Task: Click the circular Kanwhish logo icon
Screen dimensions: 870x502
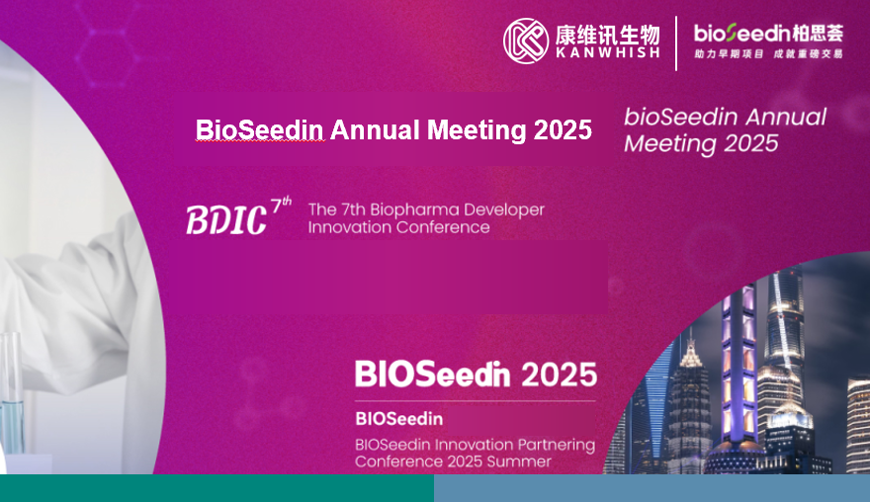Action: [526, 41]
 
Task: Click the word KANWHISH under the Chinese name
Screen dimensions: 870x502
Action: [608, 52]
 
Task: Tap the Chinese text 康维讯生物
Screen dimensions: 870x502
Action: [608, 35]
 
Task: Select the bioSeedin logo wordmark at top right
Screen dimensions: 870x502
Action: [768, 34]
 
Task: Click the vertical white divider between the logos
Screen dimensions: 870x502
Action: [676, 43]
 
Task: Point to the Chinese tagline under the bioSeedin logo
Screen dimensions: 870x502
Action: [768, 53]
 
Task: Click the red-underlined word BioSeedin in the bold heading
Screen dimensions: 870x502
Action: [259, 129]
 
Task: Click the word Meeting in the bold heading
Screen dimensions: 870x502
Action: [477, 130]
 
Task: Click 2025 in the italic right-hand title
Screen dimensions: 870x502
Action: [751, 143]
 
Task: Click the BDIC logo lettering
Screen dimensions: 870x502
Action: [226, 219]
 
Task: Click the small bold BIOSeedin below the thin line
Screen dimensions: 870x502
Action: [399, 418]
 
